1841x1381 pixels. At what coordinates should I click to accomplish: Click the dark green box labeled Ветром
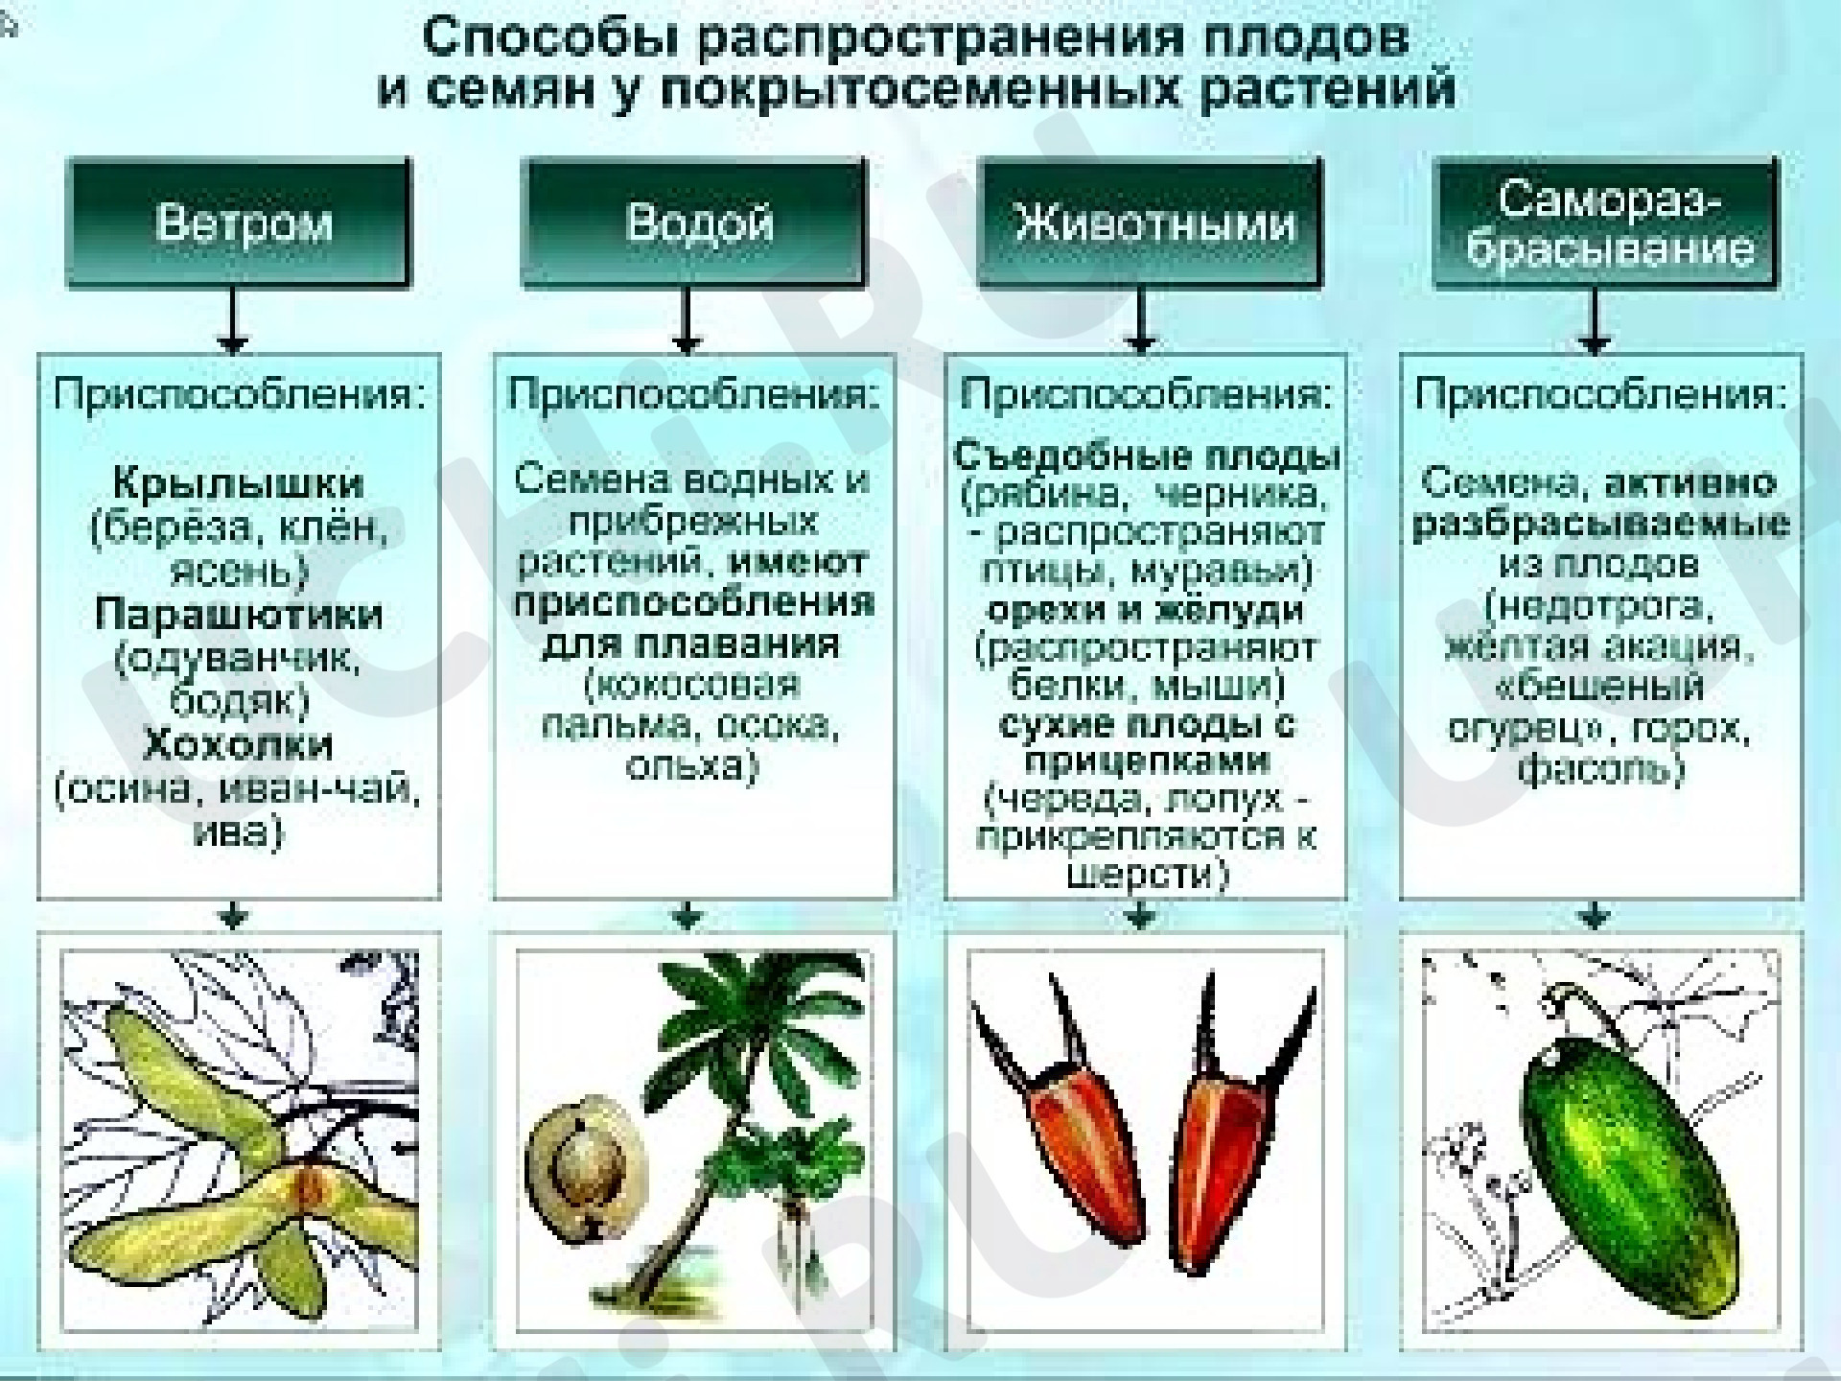[x=239, y=222]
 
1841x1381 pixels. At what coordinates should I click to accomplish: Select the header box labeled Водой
[x=693, y=222]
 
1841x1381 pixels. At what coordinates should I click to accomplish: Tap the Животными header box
[x=1150, y=222]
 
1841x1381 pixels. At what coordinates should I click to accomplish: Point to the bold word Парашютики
[x=239, y=614]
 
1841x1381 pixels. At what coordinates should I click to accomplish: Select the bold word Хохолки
[x=239, y=744]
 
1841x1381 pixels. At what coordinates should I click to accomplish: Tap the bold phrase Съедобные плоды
[x=1147, y=456]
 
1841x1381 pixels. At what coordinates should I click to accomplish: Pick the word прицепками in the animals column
[x=1147, y=761]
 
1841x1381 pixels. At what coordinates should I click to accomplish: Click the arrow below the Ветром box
[x=234, y=320]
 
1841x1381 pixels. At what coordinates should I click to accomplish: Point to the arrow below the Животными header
[x=1141, y=320]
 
